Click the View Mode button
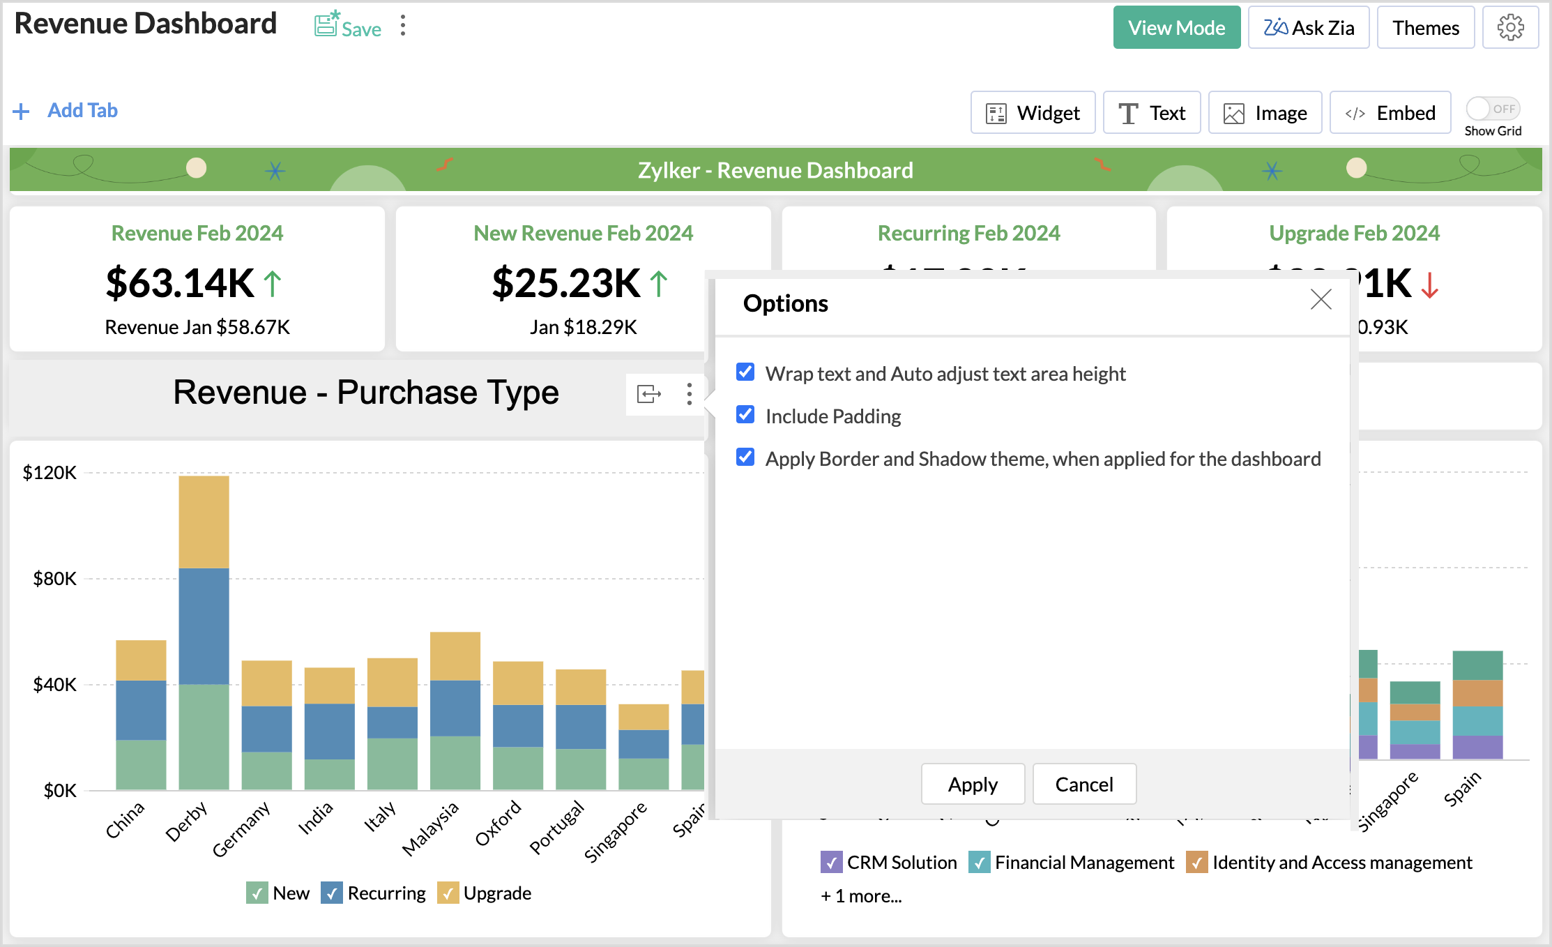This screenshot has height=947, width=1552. pos(1176,28)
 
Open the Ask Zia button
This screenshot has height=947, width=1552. pos(1308,28)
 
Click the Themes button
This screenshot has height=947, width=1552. pos(1425,28)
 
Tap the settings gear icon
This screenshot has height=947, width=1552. pos(1510,28)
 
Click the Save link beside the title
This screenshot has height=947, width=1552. pos(348,27)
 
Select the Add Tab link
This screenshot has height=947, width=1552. pos(82,111)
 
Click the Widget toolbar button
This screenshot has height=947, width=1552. pos(1033,113)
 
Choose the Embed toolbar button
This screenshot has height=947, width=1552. pos(1390,113)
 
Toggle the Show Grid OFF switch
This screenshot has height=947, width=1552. pos(1492,109)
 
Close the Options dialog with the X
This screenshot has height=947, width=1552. pos(1321,300)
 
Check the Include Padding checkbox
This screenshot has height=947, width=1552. pos(745,415)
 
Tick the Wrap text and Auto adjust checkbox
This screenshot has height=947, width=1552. pos(745,372)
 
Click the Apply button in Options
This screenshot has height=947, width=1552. pos(973,785)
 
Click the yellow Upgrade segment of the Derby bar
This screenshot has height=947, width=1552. pos(204,522)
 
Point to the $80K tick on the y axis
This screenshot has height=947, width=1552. pos(54,579)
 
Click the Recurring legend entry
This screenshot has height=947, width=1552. pos(374,893)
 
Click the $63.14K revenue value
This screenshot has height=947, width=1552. pos(180,283)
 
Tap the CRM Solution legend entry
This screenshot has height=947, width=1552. pos(889,863)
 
